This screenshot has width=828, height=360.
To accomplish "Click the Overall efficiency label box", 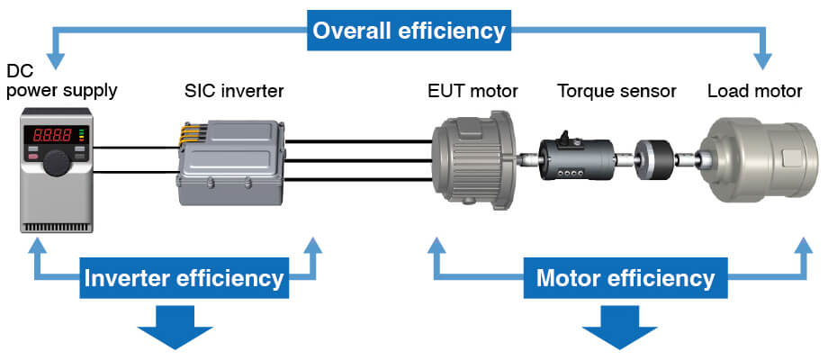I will (x=409, y=31).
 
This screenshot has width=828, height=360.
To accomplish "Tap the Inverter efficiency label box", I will (x=184, y=278).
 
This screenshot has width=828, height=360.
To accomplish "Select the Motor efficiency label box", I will (x=625, y=278).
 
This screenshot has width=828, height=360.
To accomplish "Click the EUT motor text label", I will (x=472, y=91).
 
